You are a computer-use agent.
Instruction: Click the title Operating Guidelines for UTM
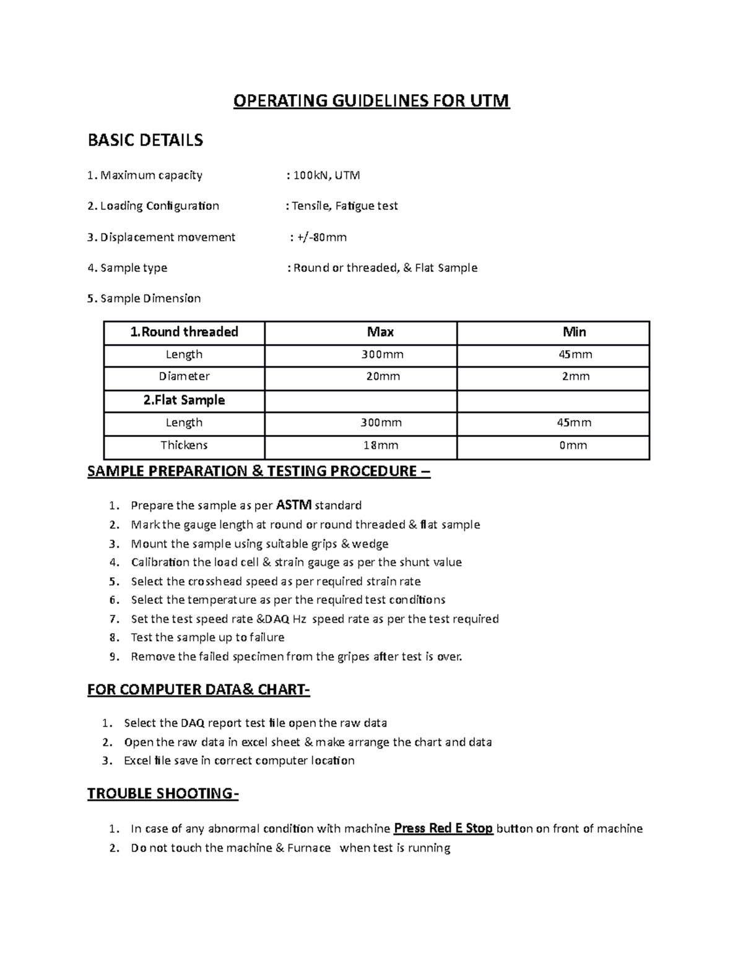pyautogui.click(x=371, y=101)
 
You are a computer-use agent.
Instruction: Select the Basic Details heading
pyautogui.click(x=145, y=140)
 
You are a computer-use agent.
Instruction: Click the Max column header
pyautogui.click(x=380, y=332)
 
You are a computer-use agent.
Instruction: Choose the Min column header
pyautogui.click(x=574, y=332)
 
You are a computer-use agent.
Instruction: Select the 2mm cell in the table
pyautogui.click(x=575, y=376)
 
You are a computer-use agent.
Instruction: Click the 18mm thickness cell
pyautogui.click(x=380, y=445)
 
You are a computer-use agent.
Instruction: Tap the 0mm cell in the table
pyautogui.click(x=573, y=445)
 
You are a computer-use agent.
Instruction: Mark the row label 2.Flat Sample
pyautogui.click(x=184, y=400)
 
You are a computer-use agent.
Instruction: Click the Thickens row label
pyautogui.click(x=184, y=445)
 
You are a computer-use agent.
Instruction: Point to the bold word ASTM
pyautogui.click(x=293, y=505)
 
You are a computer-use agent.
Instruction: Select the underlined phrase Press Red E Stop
pyautogui.click(x=443, y=829)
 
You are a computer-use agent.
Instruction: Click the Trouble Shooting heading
pyautogui.click(x=162, y=794)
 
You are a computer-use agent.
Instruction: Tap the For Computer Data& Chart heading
pyautogui.click(x=198, y=690)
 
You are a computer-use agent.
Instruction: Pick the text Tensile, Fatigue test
pyautogui.click(x=345, y=206)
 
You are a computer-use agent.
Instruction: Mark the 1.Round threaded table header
pyautogui.click(x=184, y=332)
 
